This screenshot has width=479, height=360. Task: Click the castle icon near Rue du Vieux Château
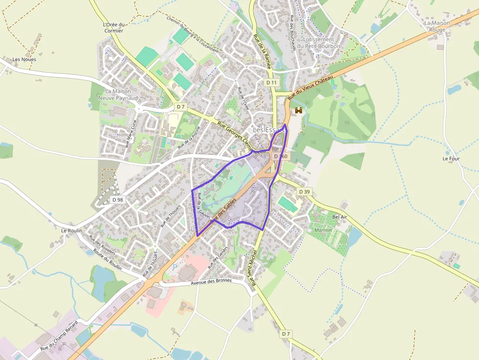298,111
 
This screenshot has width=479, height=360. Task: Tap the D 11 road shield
272,83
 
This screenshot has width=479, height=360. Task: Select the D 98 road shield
117,200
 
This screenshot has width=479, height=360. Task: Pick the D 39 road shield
304,191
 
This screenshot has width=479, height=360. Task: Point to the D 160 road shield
281,156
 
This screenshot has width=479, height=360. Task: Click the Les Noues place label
24,60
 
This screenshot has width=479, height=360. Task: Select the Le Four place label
451,159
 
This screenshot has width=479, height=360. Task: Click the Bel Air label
339,216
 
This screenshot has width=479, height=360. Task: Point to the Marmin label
323,230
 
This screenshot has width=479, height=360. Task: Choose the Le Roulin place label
71,230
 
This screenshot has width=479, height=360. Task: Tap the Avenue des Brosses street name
211,282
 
